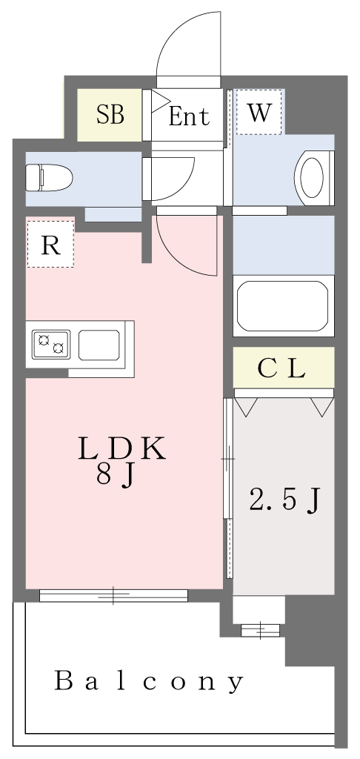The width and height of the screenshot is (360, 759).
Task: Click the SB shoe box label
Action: coord(110,115)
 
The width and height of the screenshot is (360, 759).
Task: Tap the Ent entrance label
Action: coord(189,116)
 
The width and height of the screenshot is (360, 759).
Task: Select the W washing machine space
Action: coord(259,112)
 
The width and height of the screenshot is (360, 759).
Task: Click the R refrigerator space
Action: coord(50,244)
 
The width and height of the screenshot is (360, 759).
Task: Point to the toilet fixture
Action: coord(48,178)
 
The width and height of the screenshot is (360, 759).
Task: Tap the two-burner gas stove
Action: coord(51,344)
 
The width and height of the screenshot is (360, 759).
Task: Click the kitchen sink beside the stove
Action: coord(99,345)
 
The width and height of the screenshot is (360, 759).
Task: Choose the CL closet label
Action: coord(281,370)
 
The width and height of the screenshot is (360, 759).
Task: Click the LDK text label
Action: coord(122,449)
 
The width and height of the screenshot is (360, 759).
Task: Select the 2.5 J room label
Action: coord(284,500)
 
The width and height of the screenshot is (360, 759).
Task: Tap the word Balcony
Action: coord(149,681)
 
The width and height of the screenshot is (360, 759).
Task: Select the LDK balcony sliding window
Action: coord(113,595)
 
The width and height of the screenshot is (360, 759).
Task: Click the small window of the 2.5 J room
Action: coord(260,630)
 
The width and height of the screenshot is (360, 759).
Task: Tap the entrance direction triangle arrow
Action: coord(160,101)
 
